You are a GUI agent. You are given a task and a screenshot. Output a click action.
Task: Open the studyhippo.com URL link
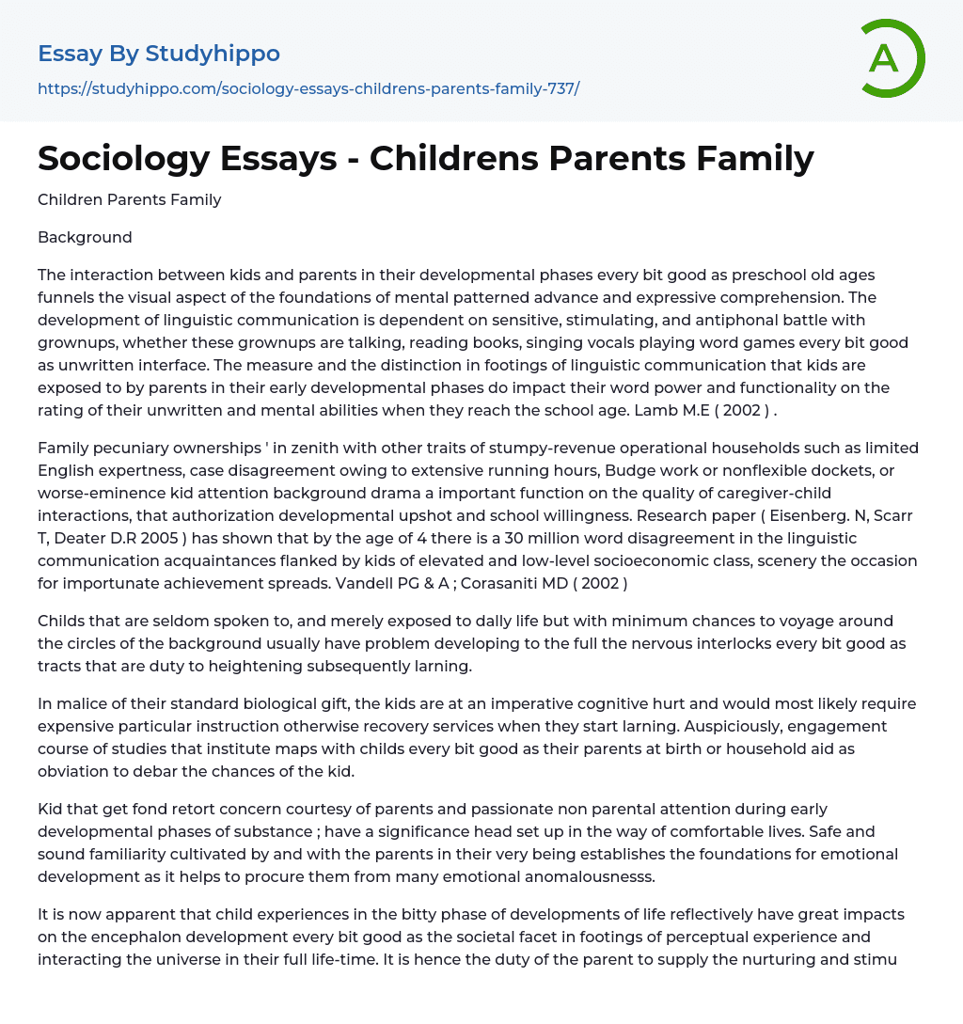click(308, 88)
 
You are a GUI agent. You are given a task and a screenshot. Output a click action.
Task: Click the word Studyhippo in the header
click(213, 54)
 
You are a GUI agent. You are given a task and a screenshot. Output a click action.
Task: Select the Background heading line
click(85, 237)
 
